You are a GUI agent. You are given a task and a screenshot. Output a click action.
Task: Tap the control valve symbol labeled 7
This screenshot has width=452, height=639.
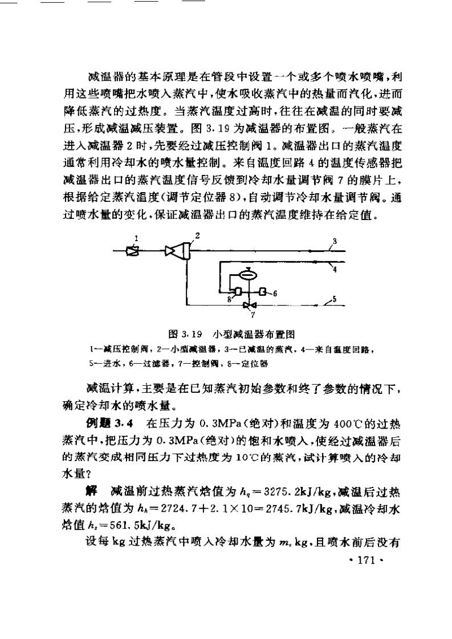(246, 305)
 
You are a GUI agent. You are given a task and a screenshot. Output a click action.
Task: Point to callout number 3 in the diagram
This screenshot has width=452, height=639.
(335, 240)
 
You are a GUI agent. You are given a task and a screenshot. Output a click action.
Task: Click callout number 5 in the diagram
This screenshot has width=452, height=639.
(335, 298)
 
